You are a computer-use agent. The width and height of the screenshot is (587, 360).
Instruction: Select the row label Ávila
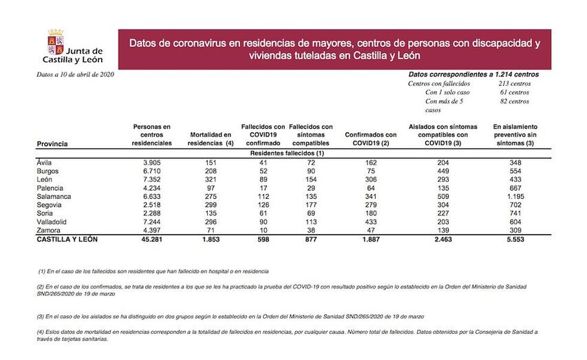(45, 162)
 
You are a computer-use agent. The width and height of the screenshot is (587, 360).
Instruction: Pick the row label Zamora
(48, 231)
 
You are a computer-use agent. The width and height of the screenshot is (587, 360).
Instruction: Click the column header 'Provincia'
(52, 144)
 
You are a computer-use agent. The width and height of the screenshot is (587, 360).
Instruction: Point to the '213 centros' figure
(513, 83)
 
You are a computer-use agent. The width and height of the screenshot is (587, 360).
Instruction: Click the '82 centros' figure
(515, 101)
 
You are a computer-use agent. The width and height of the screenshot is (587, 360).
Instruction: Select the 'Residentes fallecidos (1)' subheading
(287, 152)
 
